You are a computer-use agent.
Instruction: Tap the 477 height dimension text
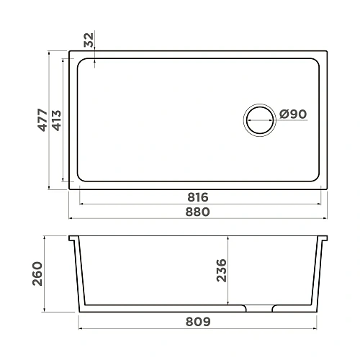[x=42, y=120]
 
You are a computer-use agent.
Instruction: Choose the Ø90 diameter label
[x=293, y=114]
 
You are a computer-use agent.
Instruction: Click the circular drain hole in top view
[x=259, y=120]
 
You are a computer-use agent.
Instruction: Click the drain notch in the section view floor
[x=259, y=308]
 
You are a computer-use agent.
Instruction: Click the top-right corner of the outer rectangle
[x=330, y=51]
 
